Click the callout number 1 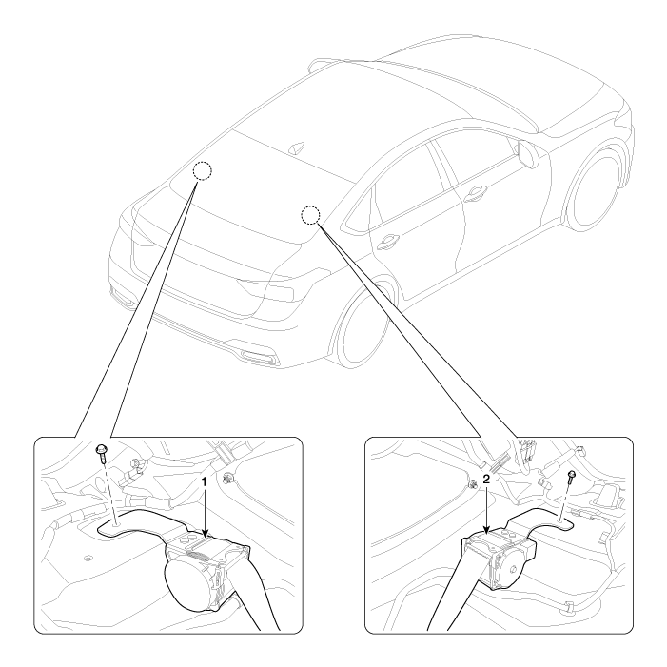point(204,482)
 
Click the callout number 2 point(486,480)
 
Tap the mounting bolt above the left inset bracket point(102,454)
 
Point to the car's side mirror point(528,153)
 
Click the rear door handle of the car point(387,242)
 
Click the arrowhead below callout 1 point(205,534)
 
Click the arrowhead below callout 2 point(486,529)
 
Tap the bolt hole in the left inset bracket point(116,525)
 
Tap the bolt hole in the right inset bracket point(559,520)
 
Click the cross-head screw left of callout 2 point(472,483)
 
